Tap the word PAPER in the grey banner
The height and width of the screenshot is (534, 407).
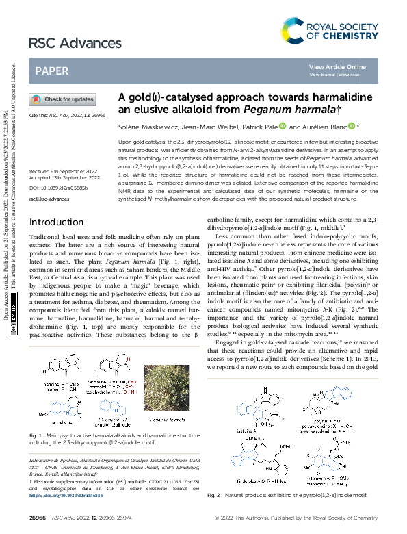(x=51, y=71)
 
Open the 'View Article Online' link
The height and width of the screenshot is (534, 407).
(x=337, y=66)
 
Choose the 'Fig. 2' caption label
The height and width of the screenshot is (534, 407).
(x=213, y=513)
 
